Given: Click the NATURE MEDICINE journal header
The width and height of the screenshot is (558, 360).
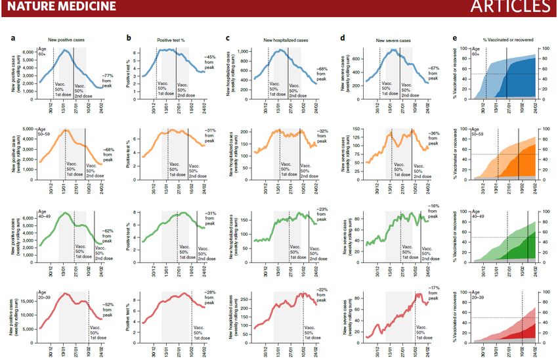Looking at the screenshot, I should point(58,7).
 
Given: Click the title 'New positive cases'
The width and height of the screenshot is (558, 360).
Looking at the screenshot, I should point(66,40).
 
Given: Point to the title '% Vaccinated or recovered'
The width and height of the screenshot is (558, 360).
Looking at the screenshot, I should point(503,40).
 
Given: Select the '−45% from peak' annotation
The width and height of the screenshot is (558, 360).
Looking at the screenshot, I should point(214,62).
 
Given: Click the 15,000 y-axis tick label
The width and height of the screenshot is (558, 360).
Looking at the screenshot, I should point(24,301).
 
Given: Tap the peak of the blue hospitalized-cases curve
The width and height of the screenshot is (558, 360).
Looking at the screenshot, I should point(280,51).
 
